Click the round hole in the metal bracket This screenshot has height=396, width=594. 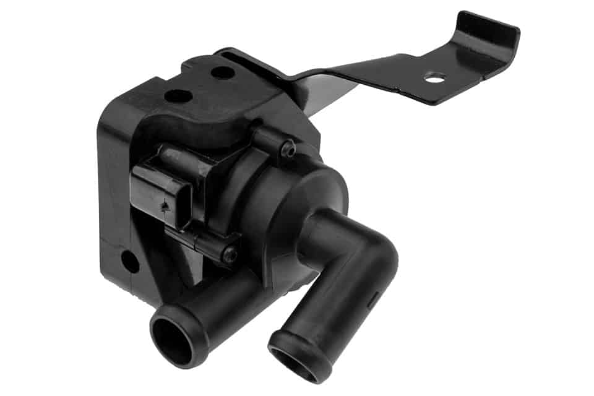pyautogui.click(x=435, y=78)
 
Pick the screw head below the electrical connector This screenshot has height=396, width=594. pyautogui.click(x=230, y=253)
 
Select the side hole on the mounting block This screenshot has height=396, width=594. pyautogui.click(x=131, y=262)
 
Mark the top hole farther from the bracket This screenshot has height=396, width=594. pyautogui.click(x=178, y=96)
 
